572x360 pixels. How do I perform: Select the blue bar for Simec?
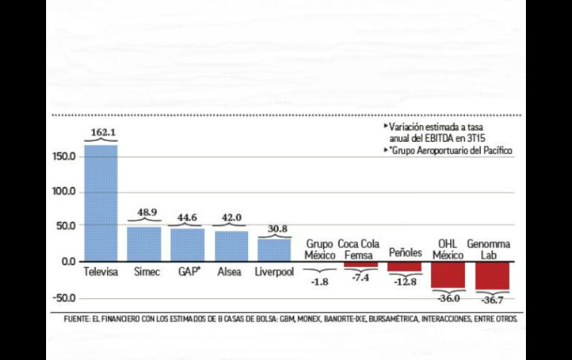144,243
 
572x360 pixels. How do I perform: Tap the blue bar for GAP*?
187,245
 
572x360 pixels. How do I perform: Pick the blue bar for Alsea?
232,246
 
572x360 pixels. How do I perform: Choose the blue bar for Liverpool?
274,249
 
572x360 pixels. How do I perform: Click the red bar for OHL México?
448,274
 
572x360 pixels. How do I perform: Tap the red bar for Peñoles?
404,266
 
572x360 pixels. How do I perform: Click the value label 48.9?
144,212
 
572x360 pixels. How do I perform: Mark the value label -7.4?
360,277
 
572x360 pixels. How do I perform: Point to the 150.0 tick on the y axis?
63,157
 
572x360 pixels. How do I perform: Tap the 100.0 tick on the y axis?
63,192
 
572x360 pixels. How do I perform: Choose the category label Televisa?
101,271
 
